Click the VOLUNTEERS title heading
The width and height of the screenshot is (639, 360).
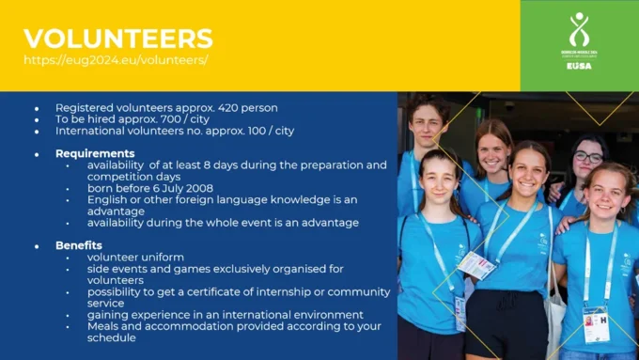[x=117, y=39]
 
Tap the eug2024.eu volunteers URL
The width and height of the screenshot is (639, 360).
[x=115, y=60]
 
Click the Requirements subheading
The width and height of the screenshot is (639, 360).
[x=95, y=153]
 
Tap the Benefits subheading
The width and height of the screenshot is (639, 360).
[x=79, y=245]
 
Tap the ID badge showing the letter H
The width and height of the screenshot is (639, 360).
[x=596, y=323]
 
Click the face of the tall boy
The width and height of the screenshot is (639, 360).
[x=428, y=125]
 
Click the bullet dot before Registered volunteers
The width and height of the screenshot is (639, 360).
[x=37, y=108]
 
